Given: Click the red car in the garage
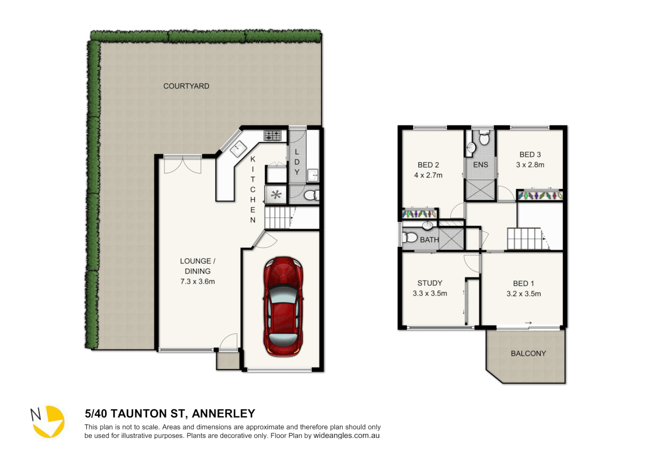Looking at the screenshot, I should click(x=283, y=307).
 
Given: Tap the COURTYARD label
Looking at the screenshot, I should click(x=186, y=86).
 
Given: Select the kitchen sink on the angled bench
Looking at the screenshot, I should click(x=238, y=149).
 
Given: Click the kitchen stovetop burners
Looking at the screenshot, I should click(x=273, y=135).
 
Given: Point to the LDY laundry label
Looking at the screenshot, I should click(x=297, y=162).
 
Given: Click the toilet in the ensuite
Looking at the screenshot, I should click(x=484, y=138).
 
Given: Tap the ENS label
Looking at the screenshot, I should click(x=481, y=164).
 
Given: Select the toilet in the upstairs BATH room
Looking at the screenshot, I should click(x=411, y=237).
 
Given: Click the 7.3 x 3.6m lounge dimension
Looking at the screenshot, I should click(x=197, y=282).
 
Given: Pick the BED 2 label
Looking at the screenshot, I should click(x=428, y=165).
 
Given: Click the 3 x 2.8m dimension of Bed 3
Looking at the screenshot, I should click(x=530, y=165).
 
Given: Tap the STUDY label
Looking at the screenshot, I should click(x=429, y=283).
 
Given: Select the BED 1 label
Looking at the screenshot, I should click(x=523, y=283).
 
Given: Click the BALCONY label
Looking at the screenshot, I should click(x=528, y=354).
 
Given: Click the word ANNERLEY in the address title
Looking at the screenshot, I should click(x=223, y=414).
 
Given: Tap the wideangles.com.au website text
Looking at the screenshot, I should click(x=346, y=435).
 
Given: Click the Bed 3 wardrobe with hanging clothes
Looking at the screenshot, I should click(x=540, y=195).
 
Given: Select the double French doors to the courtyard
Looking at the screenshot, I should click(x=182, y=165).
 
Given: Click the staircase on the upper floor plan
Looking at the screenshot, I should click(x=524, y=239).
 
